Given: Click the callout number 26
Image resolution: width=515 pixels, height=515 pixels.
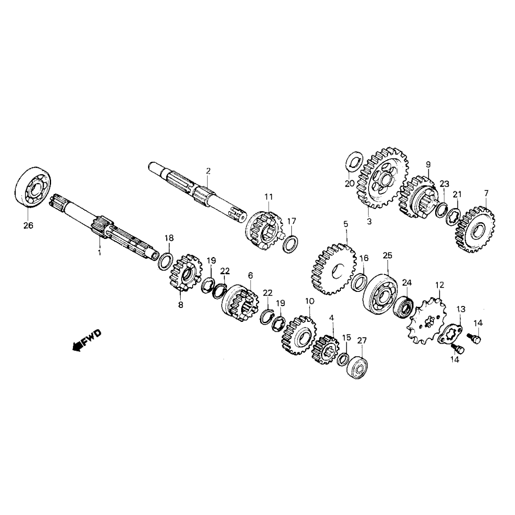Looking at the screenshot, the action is (28, 226).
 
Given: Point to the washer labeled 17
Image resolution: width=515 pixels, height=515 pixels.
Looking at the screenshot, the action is (291, 245).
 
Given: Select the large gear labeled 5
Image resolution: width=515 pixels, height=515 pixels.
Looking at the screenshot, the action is (334, 269).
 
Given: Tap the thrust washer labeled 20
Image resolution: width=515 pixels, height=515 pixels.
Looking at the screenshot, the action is (354, 164).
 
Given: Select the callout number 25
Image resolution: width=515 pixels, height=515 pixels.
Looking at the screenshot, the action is (387, 255).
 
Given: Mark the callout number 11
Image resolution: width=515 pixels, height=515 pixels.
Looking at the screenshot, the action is (269, 197).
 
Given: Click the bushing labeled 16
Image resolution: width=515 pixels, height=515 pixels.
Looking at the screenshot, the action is (360, 283).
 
